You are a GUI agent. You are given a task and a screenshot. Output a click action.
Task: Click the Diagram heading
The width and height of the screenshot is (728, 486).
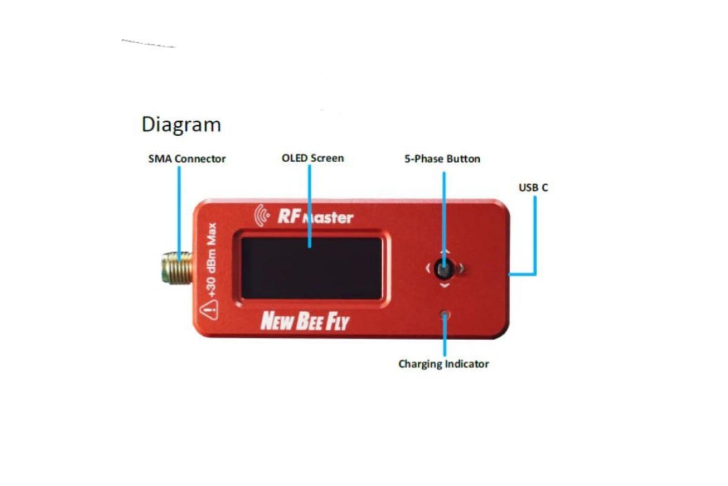(181, 125)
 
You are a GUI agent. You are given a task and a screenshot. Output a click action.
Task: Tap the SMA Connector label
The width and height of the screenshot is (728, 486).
(187, 159)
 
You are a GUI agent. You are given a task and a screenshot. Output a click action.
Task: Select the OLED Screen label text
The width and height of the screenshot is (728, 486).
(312, 159)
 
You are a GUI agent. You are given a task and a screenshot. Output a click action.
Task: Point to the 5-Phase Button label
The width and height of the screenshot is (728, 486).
(442, 159)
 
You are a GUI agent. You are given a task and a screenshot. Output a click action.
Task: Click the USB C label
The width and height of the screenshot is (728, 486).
(533, 188)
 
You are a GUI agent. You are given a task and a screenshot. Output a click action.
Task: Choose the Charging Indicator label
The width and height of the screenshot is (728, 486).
(443, 364)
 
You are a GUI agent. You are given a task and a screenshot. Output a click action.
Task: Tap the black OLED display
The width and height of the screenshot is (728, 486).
(312, 267)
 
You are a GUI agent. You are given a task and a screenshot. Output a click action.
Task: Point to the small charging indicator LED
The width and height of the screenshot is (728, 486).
(446, 315)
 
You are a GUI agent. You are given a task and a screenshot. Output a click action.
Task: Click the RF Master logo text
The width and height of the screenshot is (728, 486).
(315, 216)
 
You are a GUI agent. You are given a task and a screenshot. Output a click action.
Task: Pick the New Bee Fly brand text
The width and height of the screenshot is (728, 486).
(305, 321)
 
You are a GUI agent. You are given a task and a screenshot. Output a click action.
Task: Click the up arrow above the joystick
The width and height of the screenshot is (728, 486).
(445, 252)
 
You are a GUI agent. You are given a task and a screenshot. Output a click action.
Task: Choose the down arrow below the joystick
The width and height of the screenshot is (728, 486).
(445, 284)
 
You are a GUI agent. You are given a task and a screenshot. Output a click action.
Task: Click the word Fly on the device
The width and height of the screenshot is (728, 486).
(337, 321)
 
